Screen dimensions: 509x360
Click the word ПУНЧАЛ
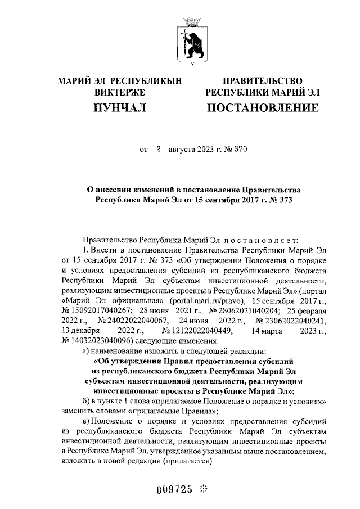[x=120, y=107]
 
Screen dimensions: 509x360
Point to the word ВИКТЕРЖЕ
[x=120, y=92]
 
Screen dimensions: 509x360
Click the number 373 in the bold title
[x=286, y=199]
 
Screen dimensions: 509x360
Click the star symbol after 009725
[x=204, y=488]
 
